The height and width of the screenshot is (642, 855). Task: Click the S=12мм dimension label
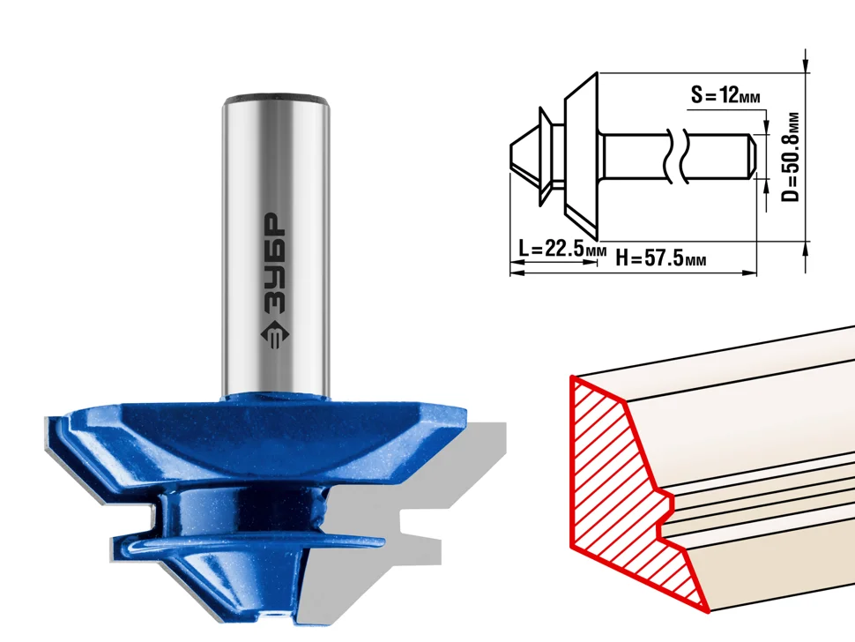click(x=725, y=95)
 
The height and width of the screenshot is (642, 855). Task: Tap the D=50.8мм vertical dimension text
click(x=790, y=157)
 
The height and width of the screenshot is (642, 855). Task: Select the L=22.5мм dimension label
click(x=562, y=250)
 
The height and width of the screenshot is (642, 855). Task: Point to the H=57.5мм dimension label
click(x=661, y=257)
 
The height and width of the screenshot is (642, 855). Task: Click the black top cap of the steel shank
click(x=277, y=100)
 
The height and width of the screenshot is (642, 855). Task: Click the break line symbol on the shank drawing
click(x=675, y=157)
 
